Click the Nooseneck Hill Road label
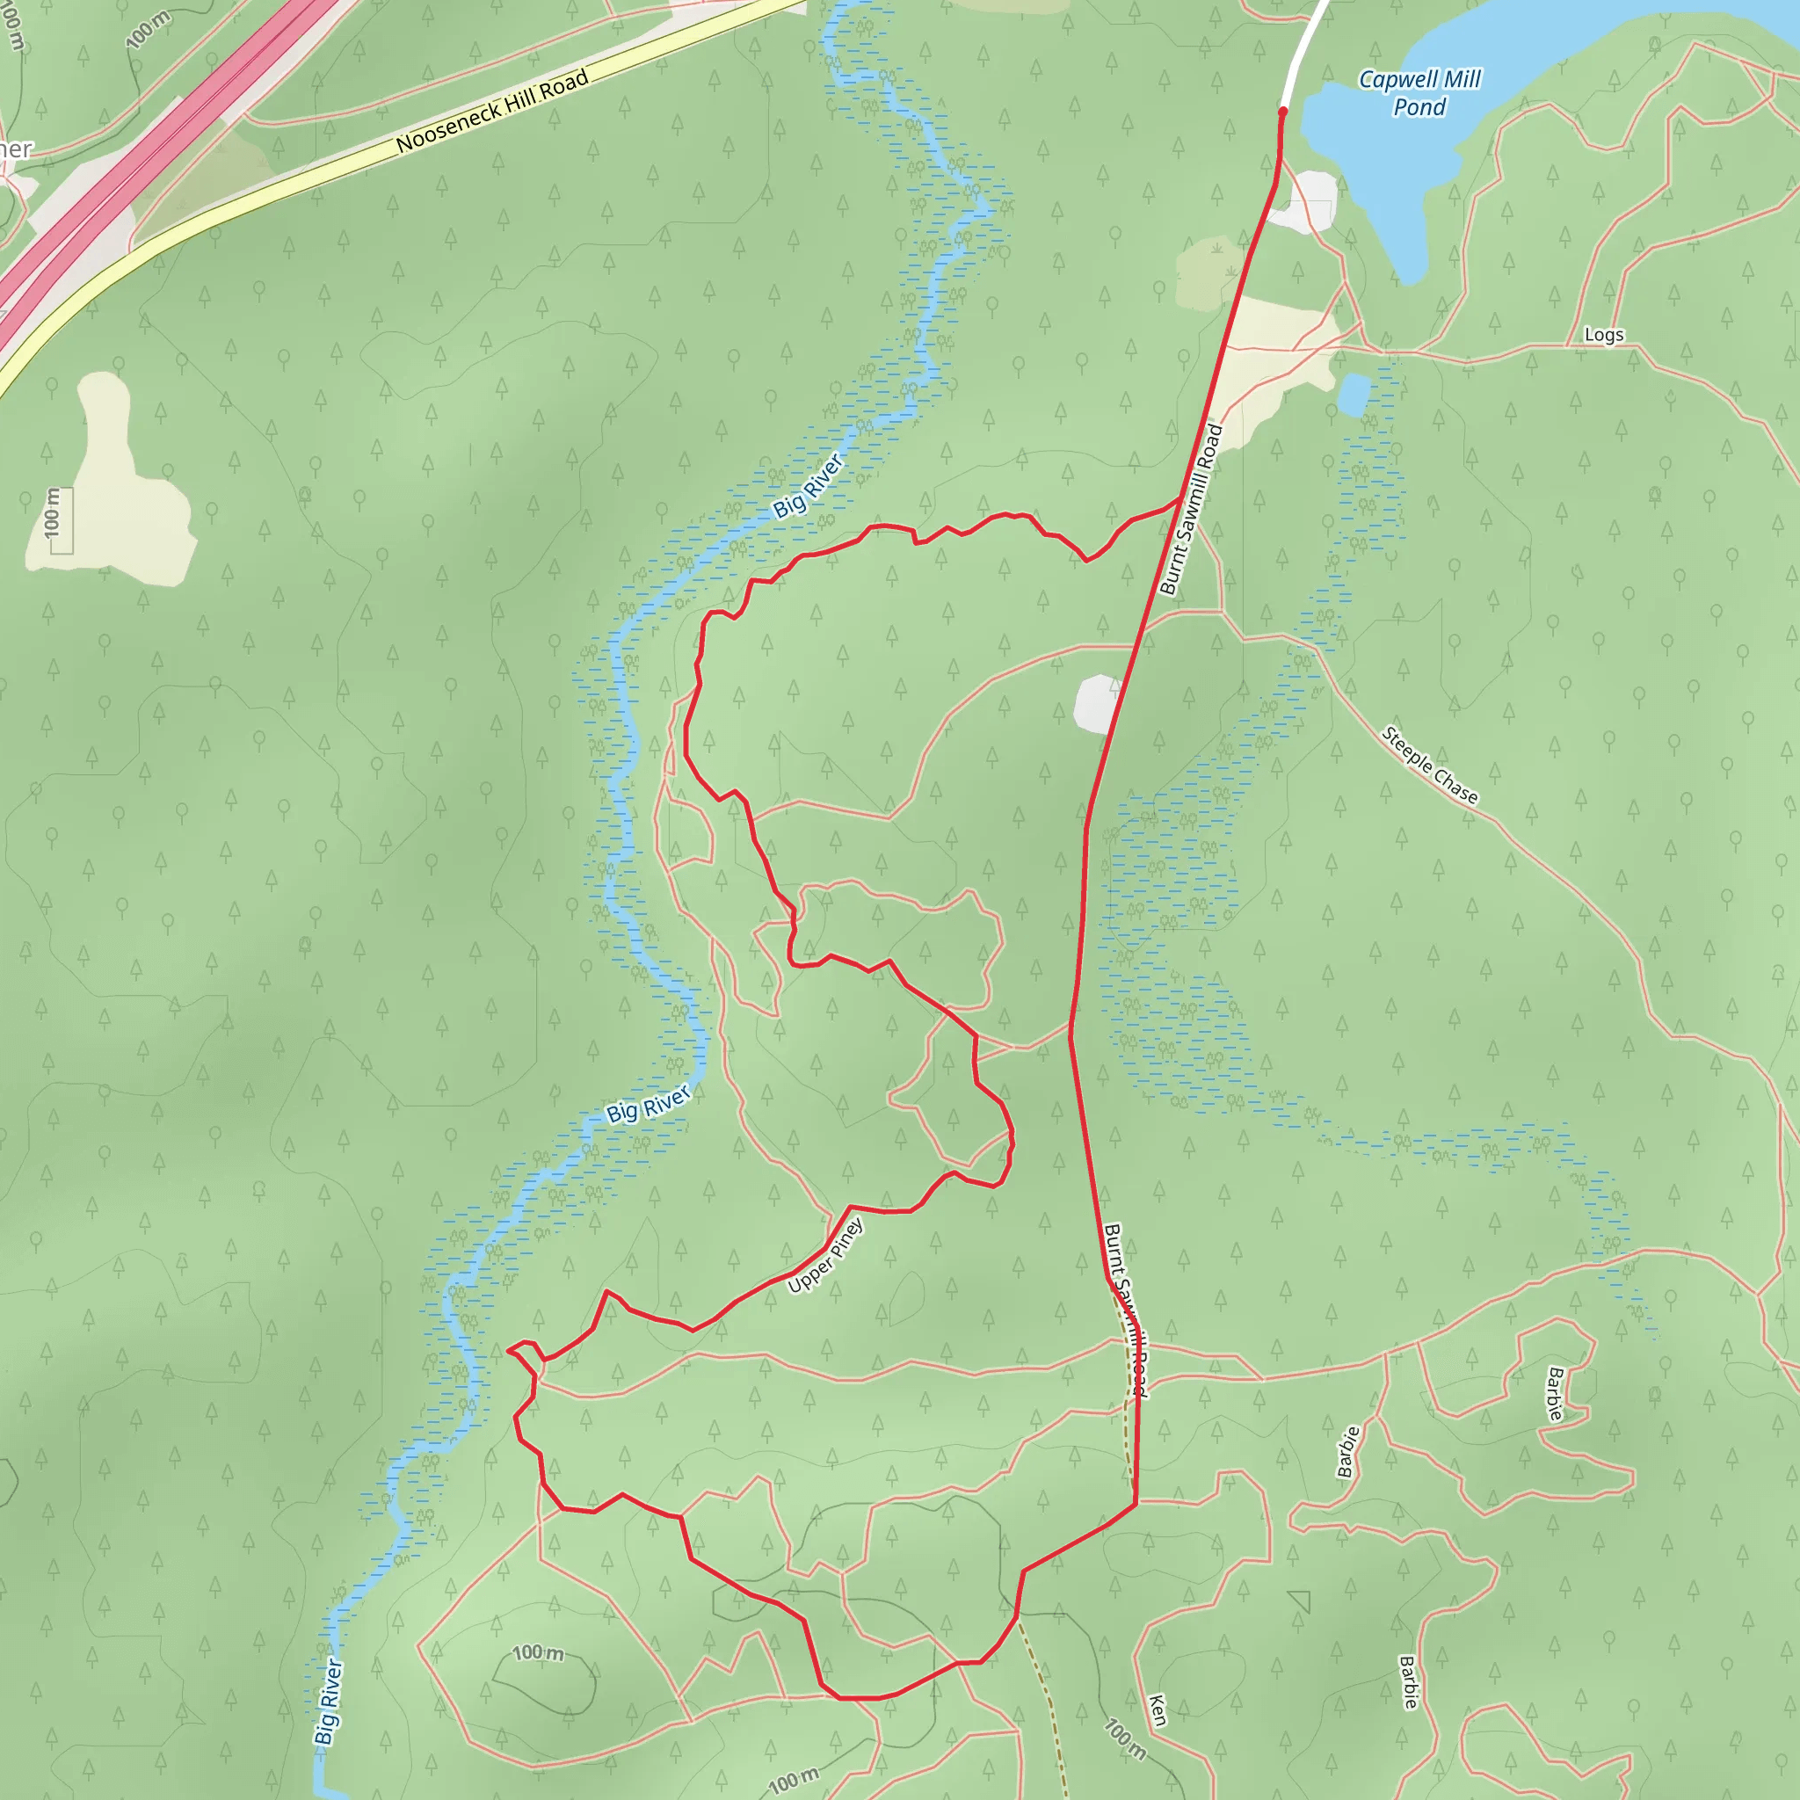pos(492,111)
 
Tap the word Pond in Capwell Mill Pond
pos(1419,108)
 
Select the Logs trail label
pos(1603,335)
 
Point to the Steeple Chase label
pos(1429,765)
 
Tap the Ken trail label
pos(1158,1710)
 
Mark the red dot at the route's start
pos(1283,112)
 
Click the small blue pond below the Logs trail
pos(1354,395)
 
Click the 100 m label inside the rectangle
pos(53,512)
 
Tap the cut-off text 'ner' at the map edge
pos(16,149)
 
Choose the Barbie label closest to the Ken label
pos(1409,1681)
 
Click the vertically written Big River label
pos(327,1702)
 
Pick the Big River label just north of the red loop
pos(809,484)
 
